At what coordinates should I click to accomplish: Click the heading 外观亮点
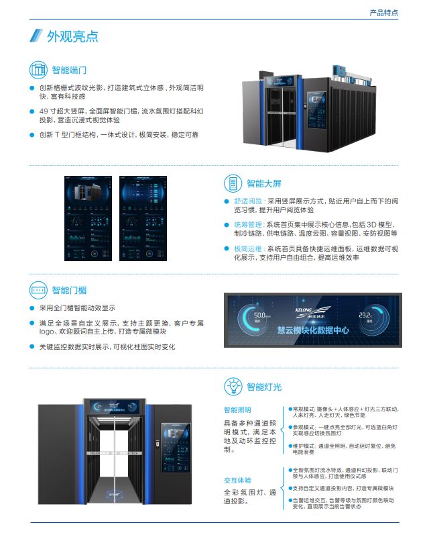click(72, 36)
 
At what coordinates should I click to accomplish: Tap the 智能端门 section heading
click(69, 70)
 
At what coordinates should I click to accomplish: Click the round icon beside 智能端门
click(38, 70)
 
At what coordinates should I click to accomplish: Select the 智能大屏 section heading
click(264, 183)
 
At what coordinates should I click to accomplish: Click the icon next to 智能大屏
click(233, 183)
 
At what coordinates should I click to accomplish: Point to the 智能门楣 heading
click(69, 290)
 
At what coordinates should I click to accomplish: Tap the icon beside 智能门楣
click(38, 290)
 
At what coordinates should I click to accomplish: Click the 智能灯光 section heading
click(264, 387)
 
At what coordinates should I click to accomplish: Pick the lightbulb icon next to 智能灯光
click(233, 386)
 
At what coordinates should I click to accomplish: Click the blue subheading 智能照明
click(237, 409)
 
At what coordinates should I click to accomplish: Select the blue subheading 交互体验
click(237, 480)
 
